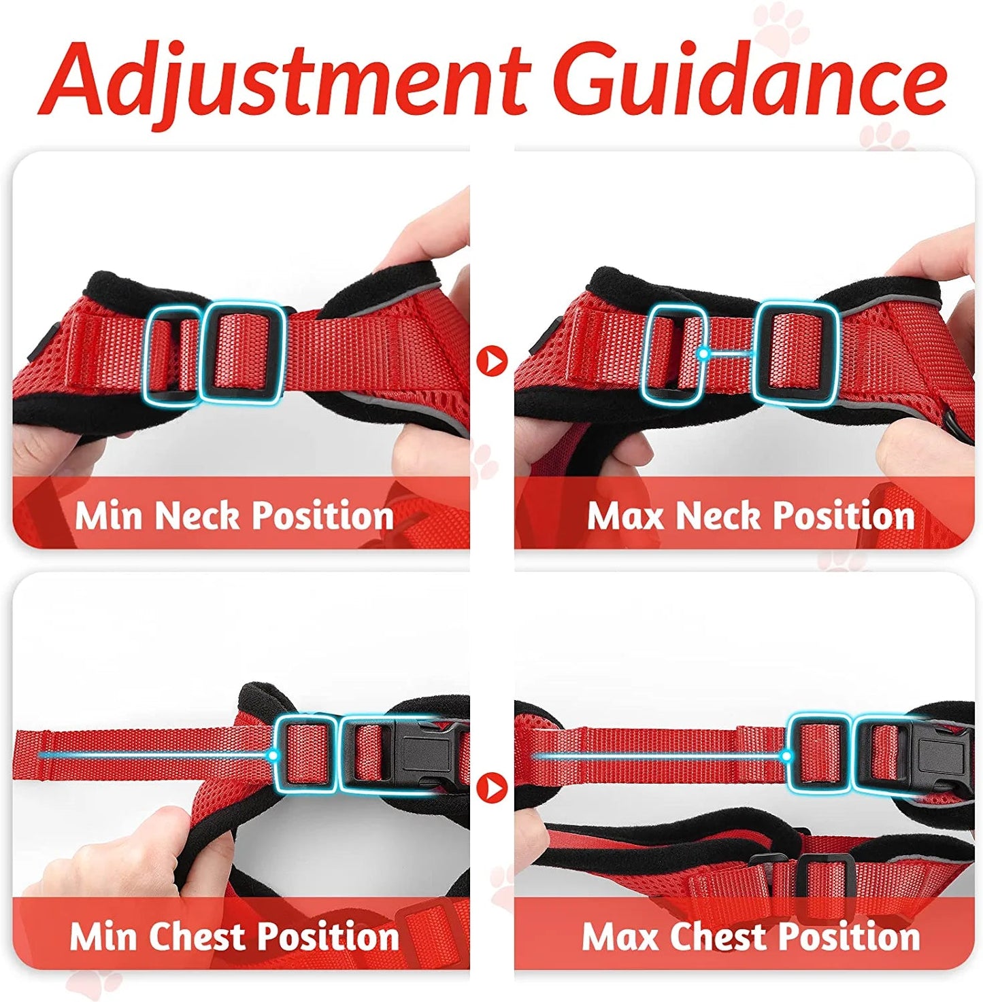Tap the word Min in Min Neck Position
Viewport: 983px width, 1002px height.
[x=109, y=515]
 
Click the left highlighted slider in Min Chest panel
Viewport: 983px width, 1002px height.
[x=305, y=753]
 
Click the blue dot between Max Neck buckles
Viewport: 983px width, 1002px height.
[x=704, y=353]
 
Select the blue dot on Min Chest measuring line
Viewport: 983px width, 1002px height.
[x=273, y=755]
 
